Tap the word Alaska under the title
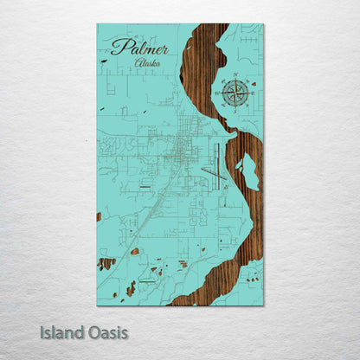147,63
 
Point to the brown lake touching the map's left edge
99,216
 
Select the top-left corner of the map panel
97,24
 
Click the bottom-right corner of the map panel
264,305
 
